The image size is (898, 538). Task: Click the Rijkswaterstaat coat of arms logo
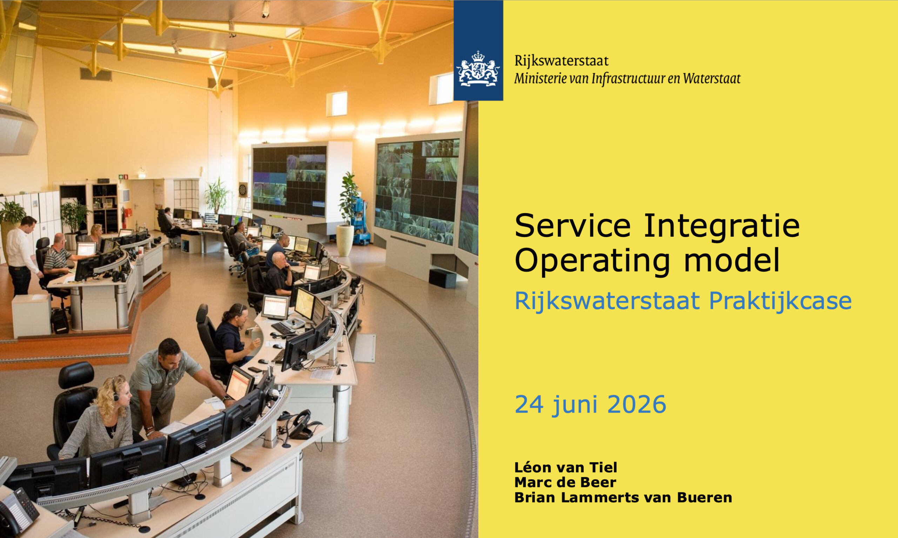[478, 69]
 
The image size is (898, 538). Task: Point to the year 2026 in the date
[637, 405]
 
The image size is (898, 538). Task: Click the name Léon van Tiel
[565, 468]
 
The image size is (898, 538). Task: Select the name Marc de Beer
[565, 483]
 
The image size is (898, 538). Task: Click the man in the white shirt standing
[21, 256]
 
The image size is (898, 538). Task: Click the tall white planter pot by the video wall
[345, 240]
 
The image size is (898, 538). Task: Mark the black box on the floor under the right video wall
[442, 278]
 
